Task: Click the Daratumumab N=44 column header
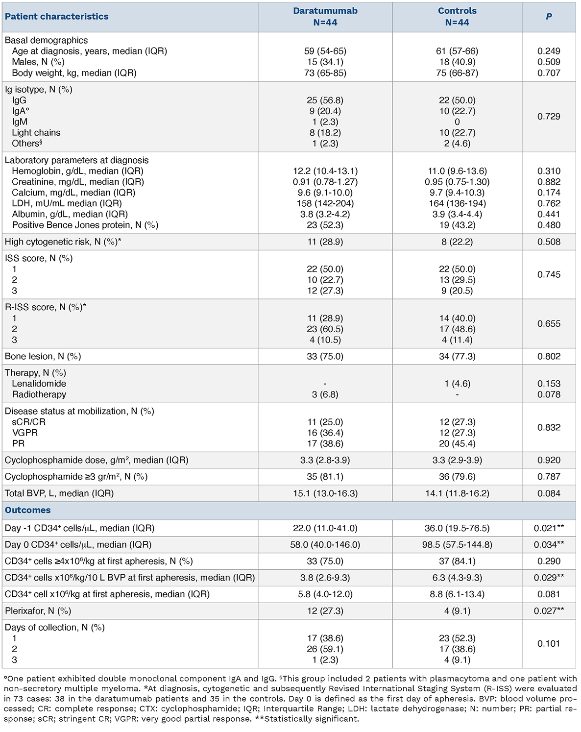(325, 17)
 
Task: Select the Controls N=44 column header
(457, 17)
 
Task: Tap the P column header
(549, 17)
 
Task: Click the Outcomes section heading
(28, 510)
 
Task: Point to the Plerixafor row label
(38, 611)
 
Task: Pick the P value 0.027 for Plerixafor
(549, 611)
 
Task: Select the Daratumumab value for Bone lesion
(325, 357)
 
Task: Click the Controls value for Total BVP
(457, 493)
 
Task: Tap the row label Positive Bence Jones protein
(85, 225)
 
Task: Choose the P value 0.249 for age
(549, 51)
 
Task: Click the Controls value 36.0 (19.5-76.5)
(457, 528)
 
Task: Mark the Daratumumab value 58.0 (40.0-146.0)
(325, 545)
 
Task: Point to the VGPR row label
(25, 433)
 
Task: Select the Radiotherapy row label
(39, 395)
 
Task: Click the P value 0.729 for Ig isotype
(549, 117)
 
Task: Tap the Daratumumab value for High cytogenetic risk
(325, 242)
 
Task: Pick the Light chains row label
(36, 133)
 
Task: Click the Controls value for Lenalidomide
(457, 384)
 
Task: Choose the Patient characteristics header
(57, 17)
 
